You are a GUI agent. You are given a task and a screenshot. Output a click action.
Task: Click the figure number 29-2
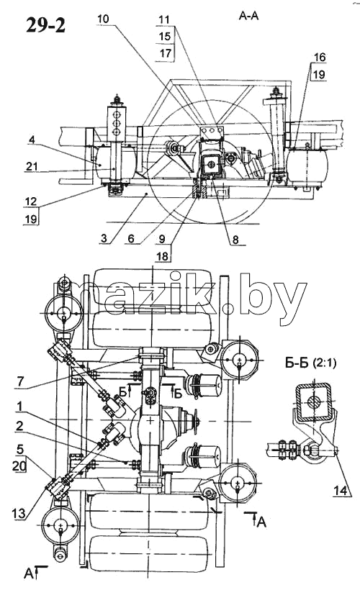[45, 26]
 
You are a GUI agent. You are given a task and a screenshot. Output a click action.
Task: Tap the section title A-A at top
[248, 16]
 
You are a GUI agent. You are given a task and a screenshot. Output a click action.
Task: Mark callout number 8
[235, 240]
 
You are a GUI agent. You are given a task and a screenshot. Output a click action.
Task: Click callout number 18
[163, 255]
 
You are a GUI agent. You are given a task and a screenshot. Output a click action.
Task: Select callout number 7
[20, 381]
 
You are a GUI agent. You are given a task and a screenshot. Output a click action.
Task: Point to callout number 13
[19, 512]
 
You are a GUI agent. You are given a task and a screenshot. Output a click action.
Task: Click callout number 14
[341, 490]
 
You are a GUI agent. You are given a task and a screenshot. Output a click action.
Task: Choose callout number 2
[19, 425]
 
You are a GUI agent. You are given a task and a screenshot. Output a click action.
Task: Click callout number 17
[166, 53]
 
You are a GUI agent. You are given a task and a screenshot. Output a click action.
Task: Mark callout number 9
[162, 238]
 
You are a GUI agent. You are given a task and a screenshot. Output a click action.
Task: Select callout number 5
[19, 448]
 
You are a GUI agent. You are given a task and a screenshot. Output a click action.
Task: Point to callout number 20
[19, 466]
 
